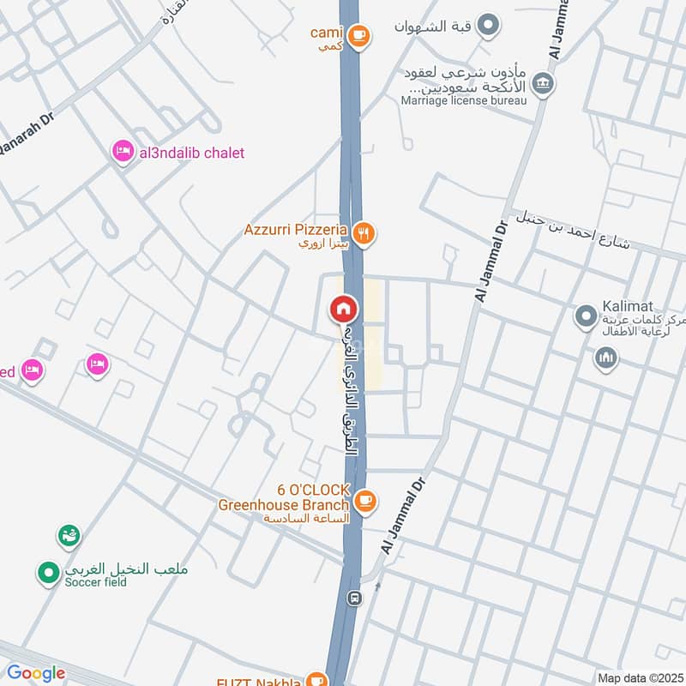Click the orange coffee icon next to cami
[x=359, y=35]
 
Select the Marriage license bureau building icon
[x=543, y=83]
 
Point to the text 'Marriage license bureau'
[x=464, y=100]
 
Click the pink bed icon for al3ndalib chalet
[x=122, y=153]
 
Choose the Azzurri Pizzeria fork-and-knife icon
[x=364, y=232]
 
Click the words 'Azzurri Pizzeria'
[x=295, y=230]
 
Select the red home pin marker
[x=344, y=308]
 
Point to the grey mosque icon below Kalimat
[x=606, y=357]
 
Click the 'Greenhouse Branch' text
[x=284, y=505]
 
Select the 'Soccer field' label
[x=95, y=582]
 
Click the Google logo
[x=36, y=673]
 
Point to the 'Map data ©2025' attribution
[x=639, y=677]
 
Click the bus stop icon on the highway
[x=352, y=597]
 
